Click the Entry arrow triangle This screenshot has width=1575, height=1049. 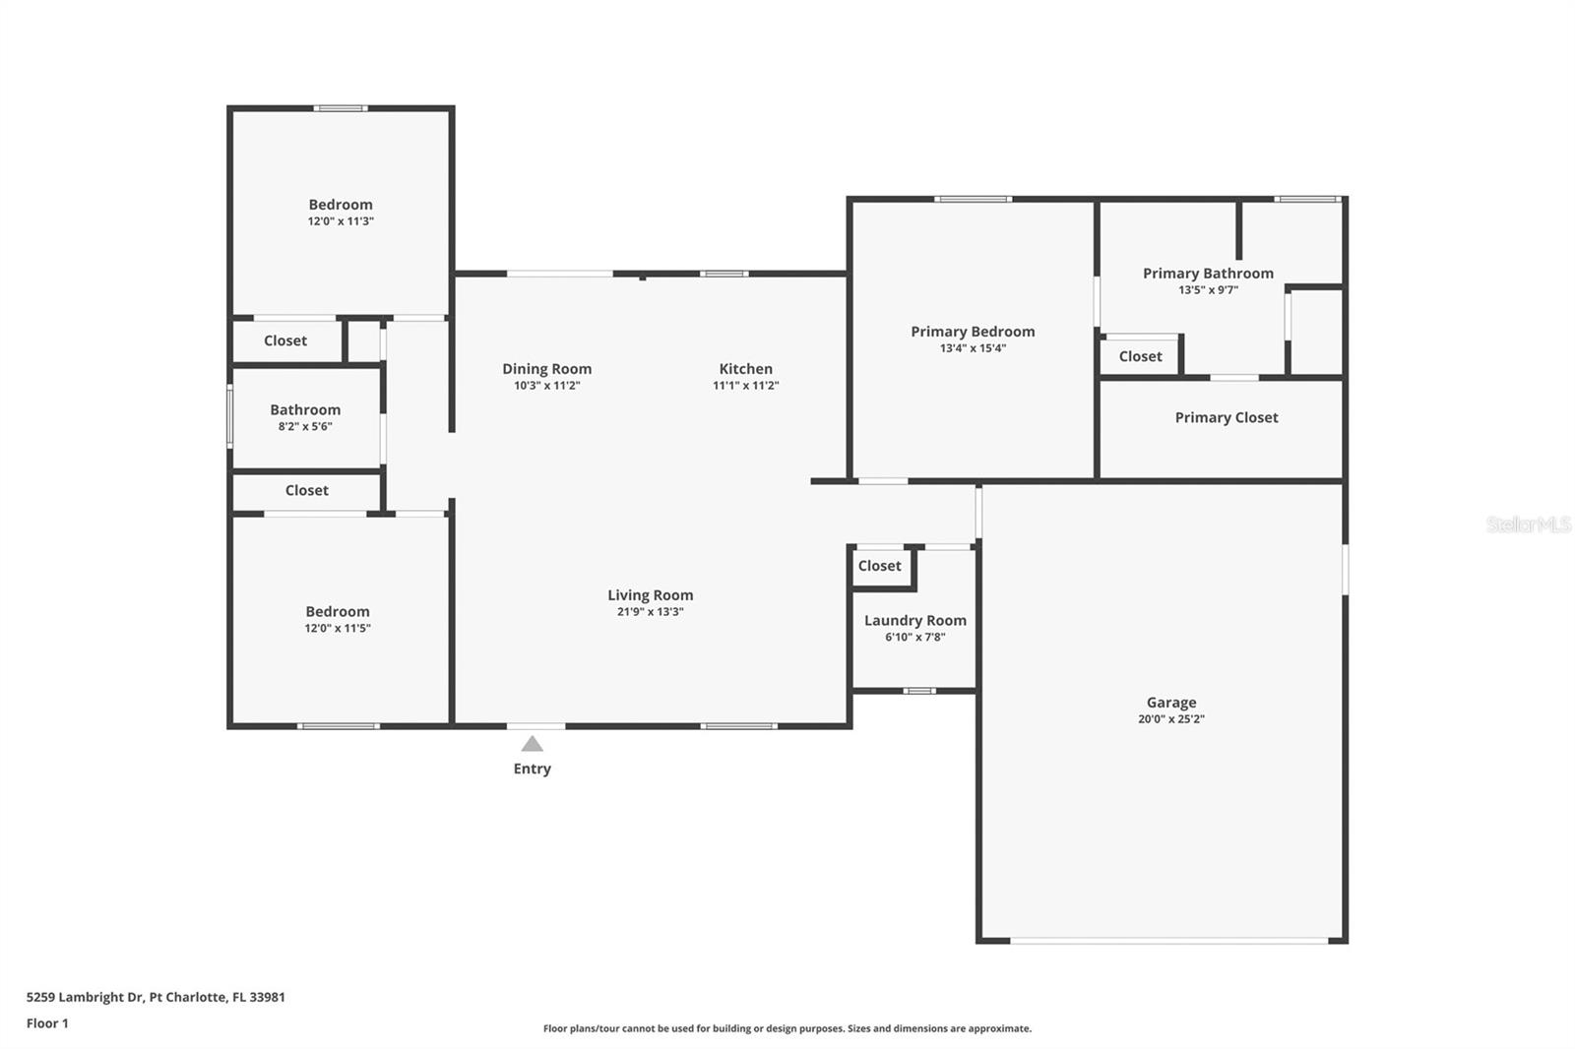tap(533, 744)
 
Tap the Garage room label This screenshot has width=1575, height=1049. tap(1171, 702)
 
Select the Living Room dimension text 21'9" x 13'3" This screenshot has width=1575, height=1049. tap(651, 612)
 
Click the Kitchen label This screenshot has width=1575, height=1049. tap(746, 368)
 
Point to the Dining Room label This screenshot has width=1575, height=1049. tap(547, 369)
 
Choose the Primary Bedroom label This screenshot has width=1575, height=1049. tap(974, 332)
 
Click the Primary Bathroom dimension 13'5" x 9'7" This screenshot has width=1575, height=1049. tap(1208, 289)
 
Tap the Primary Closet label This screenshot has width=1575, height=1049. tap(1227, 417)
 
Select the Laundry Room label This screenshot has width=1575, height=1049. tap(915, 621)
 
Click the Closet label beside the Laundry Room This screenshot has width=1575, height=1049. tap(880, 566)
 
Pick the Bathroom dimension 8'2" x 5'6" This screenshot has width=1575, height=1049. tap(305, 426)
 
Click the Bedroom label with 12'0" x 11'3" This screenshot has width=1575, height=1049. tap(341, 205)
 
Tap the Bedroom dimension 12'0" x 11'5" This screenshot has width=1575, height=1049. tap(338, 628)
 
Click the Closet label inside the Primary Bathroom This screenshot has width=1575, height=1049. tap(1141, 356)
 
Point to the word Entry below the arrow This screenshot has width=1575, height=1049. tap(533, 769)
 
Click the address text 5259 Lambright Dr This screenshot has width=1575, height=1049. tap(85, 997)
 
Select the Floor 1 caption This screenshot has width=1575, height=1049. tap(48, 1023)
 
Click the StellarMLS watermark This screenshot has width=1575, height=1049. tap(1529, 524)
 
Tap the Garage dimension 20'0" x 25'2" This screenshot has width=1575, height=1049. tap(1171, 718)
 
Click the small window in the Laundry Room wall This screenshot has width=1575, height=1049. tap(919, 691)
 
